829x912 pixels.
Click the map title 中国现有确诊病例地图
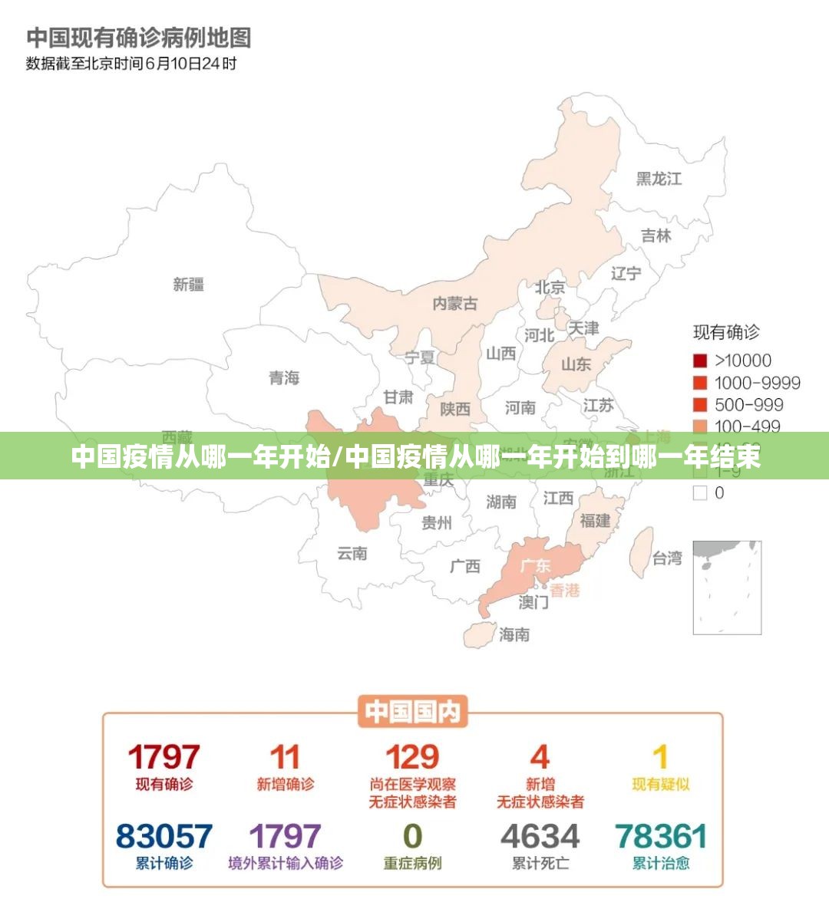click(x=139, y=37)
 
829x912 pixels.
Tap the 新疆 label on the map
click(x=189, y=285)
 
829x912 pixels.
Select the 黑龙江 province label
click(x=659, y=179)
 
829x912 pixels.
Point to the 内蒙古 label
click(x=454, y=304)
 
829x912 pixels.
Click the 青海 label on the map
click(x=284, y=377)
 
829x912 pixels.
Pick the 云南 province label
click(x=352, y=553)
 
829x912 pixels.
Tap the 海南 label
click(x=514, y=634)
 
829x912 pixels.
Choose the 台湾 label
click(x=667, y=558)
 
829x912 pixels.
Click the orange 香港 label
click(x=565, y=590)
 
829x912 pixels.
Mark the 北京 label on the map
click(x=550, y=288)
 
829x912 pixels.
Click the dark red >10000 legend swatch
click(x=700, y=361)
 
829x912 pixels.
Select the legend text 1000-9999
click(x=757, y=383)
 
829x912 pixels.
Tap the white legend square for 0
click(x=700, y=493)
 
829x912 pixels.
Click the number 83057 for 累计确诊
click(x=163, y=836)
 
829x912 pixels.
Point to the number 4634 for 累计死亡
click(x=540, y=836)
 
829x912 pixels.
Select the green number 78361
click(x=661, y=836)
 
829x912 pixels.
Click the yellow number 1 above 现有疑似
click(x=660, y=757)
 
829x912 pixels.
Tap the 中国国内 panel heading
click(x=413, y=712)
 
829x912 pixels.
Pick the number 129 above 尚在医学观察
click(x=412, y=757)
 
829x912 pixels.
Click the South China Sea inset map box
click(x=727, y=587)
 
